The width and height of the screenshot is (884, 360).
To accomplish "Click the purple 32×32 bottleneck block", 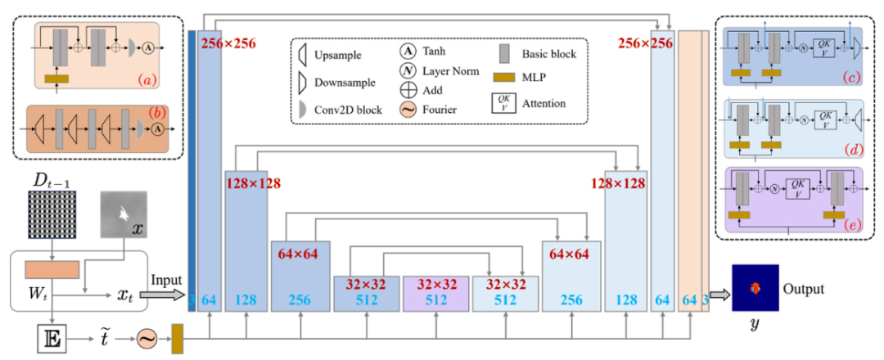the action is pos(435,294).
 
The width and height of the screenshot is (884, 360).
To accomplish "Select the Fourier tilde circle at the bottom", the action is pos(146,340).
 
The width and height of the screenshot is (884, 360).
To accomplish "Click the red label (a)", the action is pos(151,79).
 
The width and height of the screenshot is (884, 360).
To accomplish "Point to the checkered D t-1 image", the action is pos(52,214).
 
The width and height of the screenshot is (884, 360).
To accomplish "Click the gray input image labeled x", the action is pos(124,214).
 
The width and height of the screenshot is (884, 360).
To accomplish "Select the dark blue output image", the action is pos(755,288).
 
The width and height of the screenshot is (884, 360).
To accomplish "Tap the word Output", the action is pos(804,289).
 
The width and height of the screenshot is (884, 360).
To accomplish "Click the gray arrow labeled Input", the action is pos(168,294).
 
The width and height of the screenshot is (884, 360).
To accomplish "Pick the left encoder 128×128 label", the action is pos(253,183).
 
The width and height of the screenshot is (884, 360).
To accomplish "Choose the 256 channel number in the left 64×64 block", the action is pos(300,300).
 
